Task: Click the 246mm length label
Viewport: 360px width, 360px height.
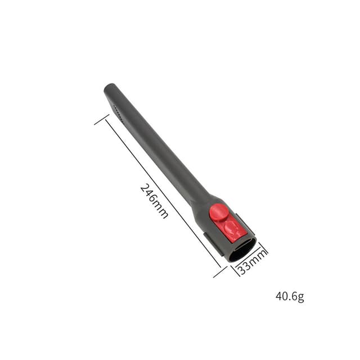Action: (x=154, y=201)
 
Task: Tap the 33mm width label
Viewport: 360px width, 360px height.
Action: (x=251, y=262)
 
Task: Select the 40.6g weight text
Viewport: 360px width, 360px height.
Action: (x=290, y=296)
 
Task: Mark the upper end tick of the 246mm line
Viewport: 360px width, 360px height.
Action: (x=102, y=119)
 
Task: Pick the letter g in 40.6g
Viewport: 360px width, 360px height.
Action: (x=301, y=298)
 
